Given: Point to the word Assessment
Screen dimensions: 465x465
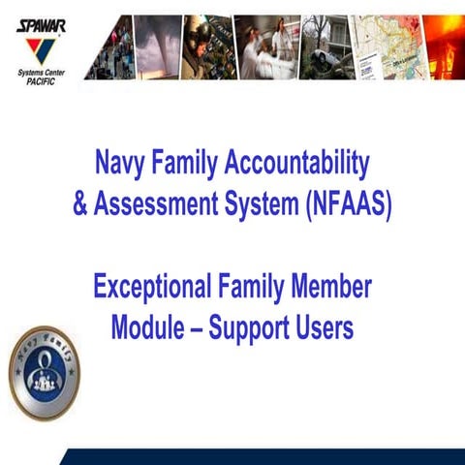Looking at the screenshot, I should pyautogui.click(x=162, y=206).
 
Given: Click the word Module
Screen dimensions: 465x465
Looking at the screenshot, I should pyautogui.click(x=147, y=327).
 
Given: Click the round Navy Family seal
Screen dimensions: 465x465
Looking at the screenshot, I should pyautogui.click(x=44, y=374).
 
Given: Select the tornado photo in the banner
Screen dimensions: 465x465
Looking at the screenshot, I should pyautogui.click(x=158, y=46).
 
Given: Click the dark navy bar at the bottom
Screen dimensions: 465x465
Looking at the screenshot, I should pyautogui.click(x=262, y=456).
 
